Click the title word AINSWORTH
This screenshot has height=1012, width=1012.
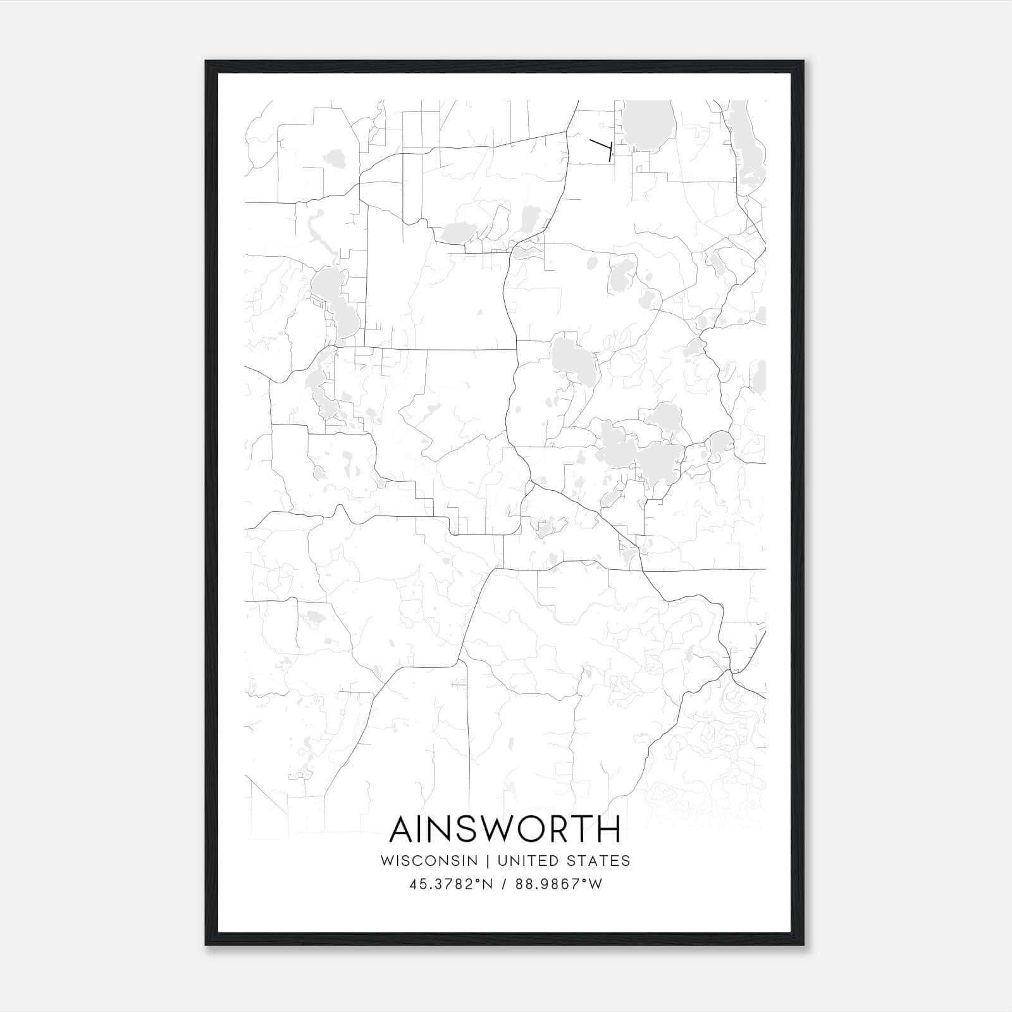click(x=505, y=829)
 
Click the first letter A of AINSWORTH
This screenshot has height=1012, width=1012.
click(x=403, y=829)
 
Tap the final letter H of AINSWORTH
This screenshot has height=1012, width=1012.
click(x=608, y=829)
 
